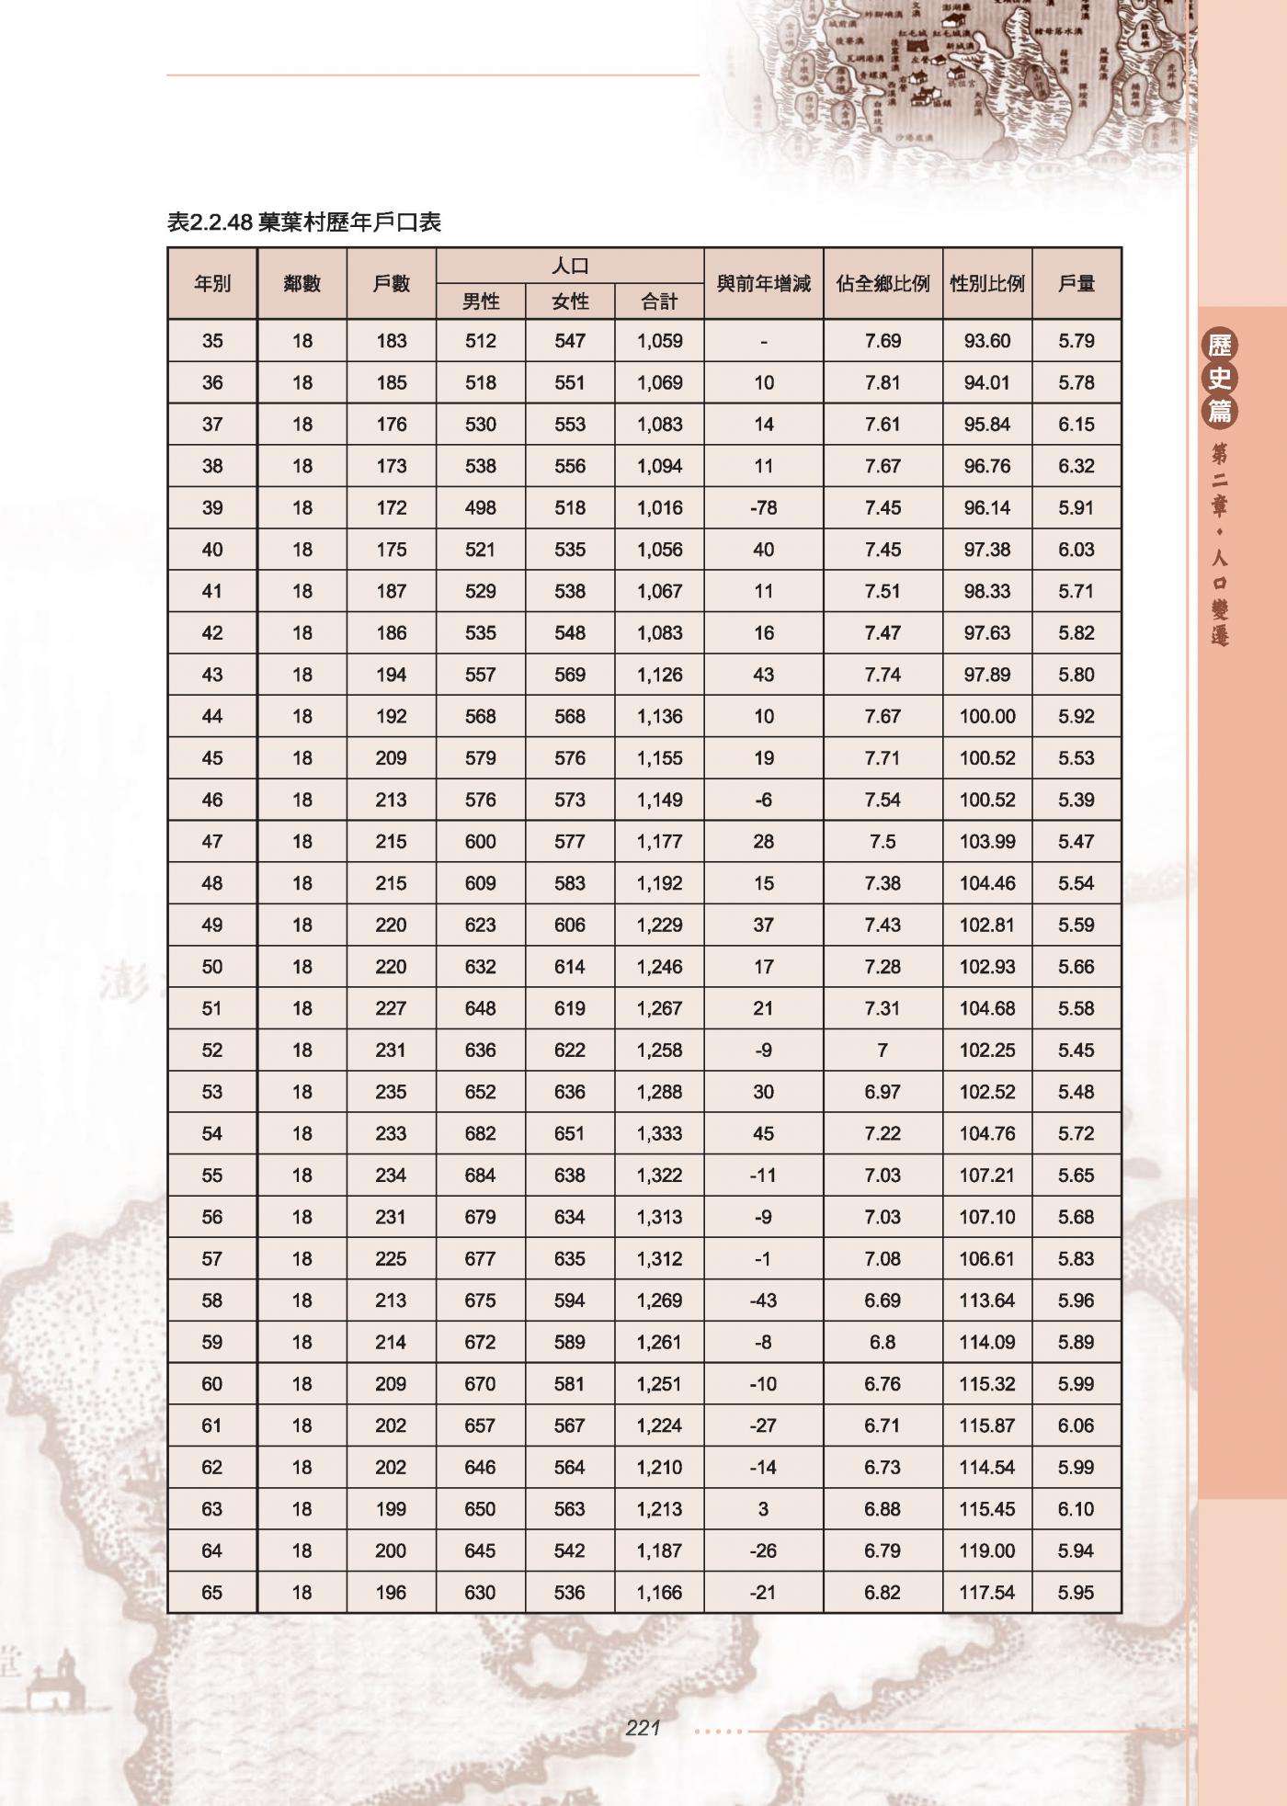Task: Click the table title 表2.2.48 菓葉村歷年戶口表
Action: coord(304,221)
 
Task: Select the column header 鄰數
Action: coord(302,284)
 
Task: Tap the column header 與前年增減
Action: coord(763,284)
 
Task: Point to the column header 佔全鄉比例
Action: coord(883,284)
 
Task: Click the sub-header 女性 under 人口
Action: coord(570,301)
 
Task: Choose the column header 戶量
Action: coord(1076,284)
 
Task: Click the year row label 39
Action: coord(212,508)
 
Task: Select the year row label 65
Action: coord(212,1593)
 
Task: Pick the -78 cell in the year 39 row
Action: coord(763,508)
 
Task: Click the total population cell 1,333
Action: coord(659,1134)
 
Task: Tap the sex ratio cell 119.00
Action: coord(986,1551)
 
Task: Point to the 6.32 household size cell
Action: coord(1076,466)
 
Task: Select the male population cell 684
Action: coord(481,1176)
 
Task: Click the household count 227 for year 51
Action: coord(391,1008)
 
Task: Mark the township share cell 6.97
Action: coord(883,1092)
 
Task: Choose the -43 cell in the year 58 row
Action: coord(763,1301)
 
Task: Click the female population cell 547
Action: coord(570,341)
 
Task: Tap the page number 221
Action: coord(643,1729)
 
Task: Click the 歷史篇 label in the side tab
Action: coord(1220,378)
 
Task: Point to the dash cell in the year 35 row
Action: coord(763,342)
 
